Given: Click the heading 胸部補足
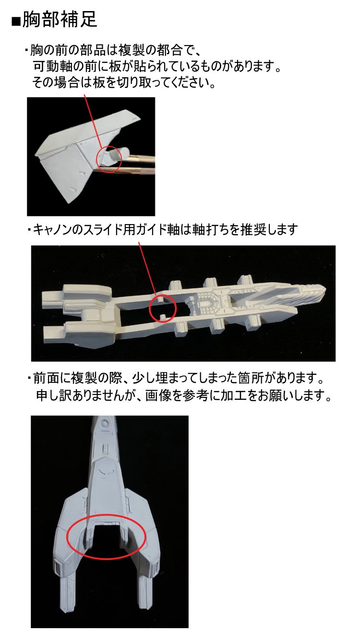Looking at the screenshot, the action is (x=60, y=19).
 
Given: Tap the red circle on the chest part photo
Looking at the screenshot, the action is (x=109, y=147).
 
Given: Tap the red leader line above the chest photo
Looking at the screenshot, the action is (x=93, y=121).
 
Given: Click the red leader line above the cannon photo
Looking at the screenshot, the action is (x=147, y=269).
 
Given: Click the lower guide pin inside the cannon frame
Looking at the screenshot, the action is (x=163, y=317).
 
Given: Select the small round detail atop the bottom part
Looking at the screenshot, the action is (x=105, y=423).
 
